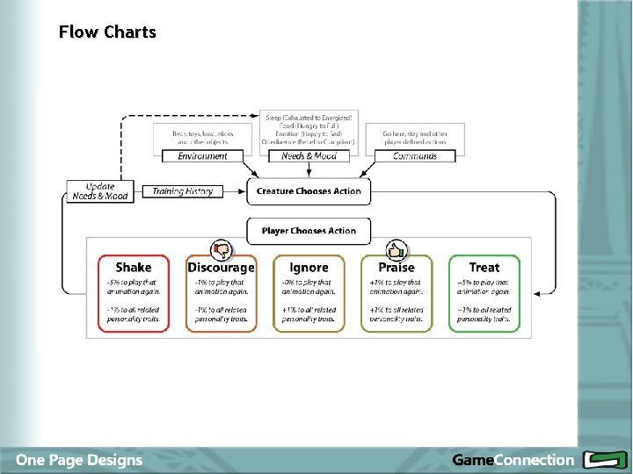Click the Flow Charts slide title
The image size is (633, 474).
107,32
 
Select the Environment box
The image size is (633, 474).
202,156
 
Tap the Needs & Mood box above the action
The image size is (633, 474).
309,156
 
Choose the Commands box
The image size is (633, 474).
415,156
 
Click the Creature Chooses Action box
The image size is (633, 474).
309,191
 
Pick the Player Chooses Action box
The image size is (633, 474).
309,231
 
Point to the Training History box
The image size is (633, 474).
182,191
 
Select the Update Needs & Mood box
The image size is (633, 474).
99,191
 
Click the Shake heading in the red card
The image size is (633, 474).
134,268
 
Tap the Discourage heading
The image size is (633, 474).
221,268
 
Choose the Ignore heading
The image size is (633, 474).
309,268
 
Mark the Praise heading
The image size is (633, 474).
397,268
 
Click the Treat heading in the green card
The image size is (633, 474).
484,268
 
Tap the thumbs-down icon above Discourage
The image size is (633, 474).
221,248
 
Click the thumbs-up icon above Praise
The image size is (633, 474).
397,248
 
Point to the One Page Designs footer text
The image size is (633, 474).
78,460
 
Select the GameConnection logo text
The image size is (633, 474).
513,460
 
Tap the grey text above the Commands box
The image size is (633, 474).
415,138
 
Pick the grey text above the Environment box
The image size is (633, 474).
202,138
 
